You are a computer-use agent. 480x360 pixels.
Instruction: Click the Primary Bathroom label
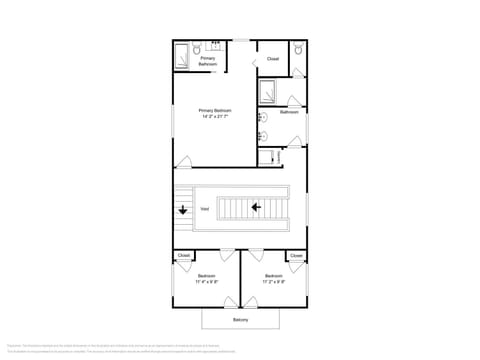(208, 61)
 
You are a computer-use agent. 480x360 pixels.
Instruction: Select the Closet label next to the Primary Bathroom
(273, 59)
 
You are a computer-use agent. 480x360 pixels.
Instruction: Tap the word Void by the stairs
(204, 209)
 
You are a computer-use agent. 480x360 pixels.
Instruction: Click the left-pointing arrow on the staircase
(256, 208)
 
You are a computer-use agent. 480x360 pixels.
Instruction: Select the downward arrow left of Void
(183, 211)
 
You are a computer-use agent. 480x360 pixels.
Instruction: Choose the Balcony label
(240, 319)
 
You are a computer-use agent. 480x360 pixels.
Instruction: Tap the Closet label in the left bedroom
(184, 256)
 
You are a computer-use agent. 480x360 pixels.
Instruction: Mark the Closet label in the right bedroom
(296, 256)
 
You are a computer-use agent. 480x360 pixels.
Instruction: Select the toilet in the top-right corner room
(298, 49)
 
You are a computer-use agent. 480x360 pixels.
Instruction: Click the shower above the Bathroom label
(270, 93)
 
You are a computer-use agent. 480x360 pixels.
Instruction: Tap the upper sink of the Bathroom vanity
(262, 117)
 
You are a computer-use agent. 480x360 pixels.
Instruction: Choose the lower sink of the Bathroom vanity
(262, 134)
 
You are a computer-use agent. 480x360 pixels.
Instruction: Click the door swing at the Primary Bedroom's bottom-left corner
(183, 163)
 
